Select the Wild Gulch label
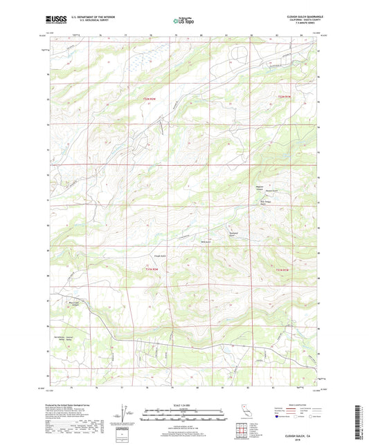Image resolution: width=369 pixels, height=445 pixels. click(x=205, y=241)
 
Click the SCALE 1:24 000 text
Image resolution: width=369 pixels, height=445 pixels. click(x=184, y=405)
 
